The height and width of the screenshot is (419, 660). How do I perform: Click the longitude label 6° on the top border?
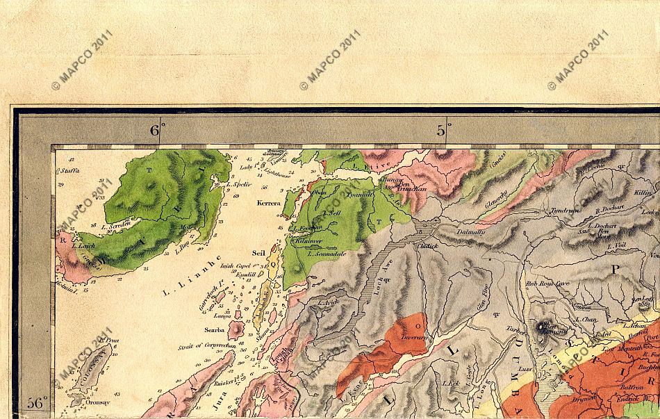[x=158, y=129]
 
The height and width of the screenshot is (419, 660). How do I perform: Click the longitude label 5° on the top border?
[x=443, y=129]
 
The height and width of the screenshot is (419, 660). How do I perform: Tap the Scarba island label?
[x=213, y=330]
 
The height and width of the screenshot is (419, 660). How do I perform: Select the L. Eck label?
[x=451, y=383]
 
